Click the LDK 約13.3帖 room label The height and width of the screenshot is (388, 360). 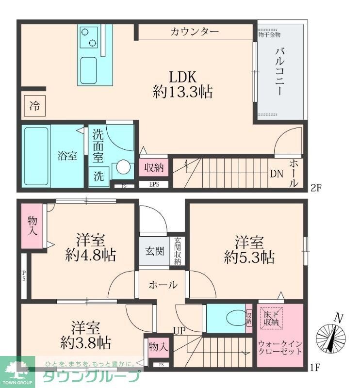(x=182, y=84)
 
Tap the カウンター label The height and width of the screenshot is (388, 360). (x=194, y=32)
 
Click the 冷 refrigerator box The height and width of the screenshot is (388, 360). (x=34, y=105)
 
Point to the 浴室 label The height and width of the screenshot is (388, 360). (x=67, y=157)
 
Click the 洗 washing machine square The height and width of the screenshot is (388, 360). (x=98, y=177)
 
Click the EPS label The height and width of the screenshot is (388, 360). (x=154, y=184)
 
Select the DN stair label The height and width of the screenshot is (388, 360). (x=277, y=174)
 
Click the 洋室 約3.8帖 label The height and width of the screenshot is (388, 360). (x=85, y=334)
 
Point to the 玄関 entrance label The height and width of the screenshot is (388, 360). (x=154, y=251)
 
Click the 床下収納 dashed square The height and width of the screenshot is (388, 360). (x=272, y=318)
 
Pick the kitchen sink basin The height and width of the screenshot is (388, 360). (x=90, y=70)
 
